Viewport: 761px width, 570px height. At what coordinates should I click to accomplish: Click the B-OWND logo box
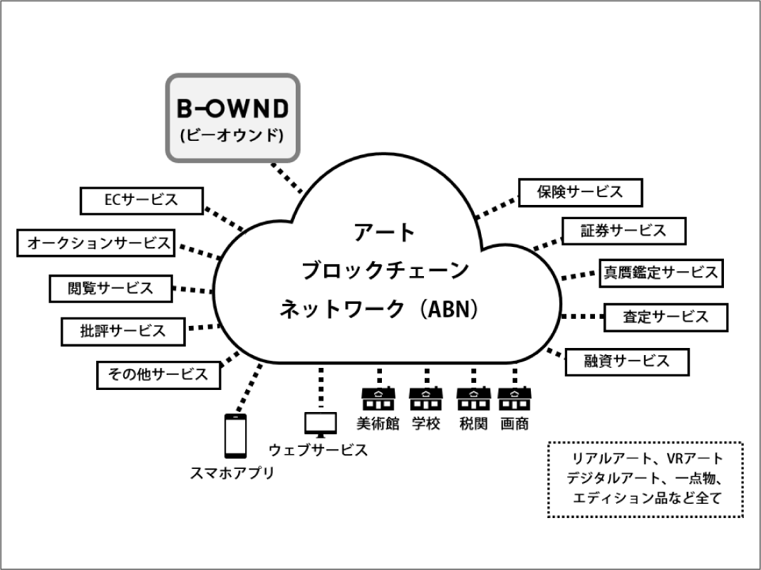tap(232, 116)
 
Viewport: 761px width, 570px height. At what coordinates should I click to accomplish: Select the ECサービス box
tap(141, 201)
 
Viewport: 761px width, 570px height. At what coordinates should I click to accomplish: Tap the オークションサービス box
tap(95, 243)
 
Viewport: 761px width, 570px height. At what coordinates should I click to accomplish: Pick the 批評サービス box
tap(123, 331)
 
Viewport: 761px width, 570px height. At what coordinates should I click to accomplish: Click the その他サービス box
tap(158, 374)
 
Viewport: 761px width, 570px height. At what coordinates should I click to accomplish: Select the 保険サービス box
tap(580, 192)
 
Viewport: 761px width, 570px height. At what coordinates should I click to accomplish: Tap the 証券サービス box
tap(623, 231)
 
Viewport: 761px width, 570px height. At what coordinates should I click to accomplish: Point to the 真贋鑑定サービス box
tap(661, 273)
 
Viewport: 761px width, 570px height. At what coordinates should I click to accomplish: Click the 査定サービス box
tap(666, 317)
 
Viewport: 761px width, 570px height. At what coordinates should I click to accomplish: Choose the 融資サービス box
tap(627, 361)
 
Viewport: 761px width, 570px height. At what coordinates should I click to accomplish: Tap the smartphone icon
tap(236, 436)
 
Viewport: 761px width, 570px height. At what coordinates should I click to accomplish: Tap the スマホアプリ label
tap(232, 473)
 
